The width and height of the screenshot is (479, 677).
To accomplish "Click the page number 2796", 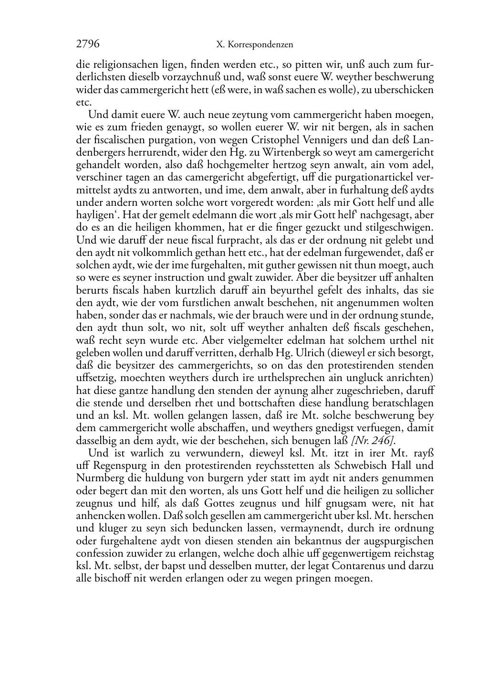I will click(88, 44).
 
